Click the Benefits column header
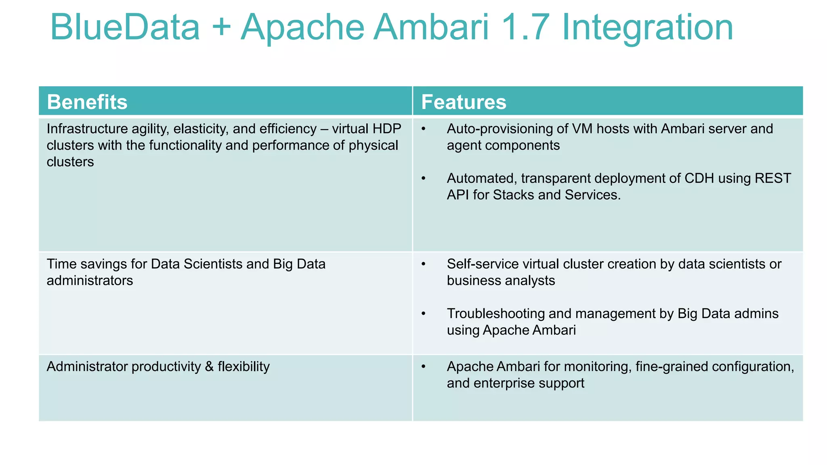pyautogui.click(x=87, y=102)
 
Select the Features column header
pyautogui.click(x=463, y=102)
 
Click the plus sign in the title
pyautogui.click(x=221, y=27)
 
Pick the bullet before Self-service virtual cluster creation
pyautogui.click(x=423, y=264)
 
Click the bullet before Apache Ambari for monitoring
pyautogui.click(x=423, y=367)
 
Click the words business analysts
pyautogui.click(x=501, y=281)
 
